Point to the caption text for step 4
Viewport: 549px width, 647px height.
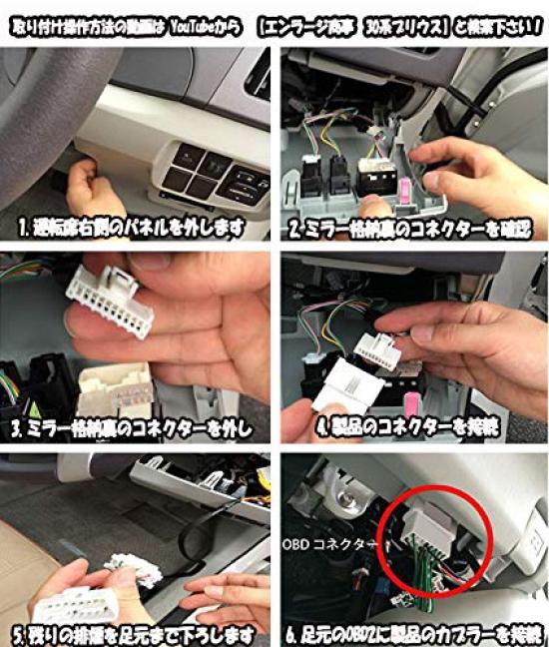point(409,430)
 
